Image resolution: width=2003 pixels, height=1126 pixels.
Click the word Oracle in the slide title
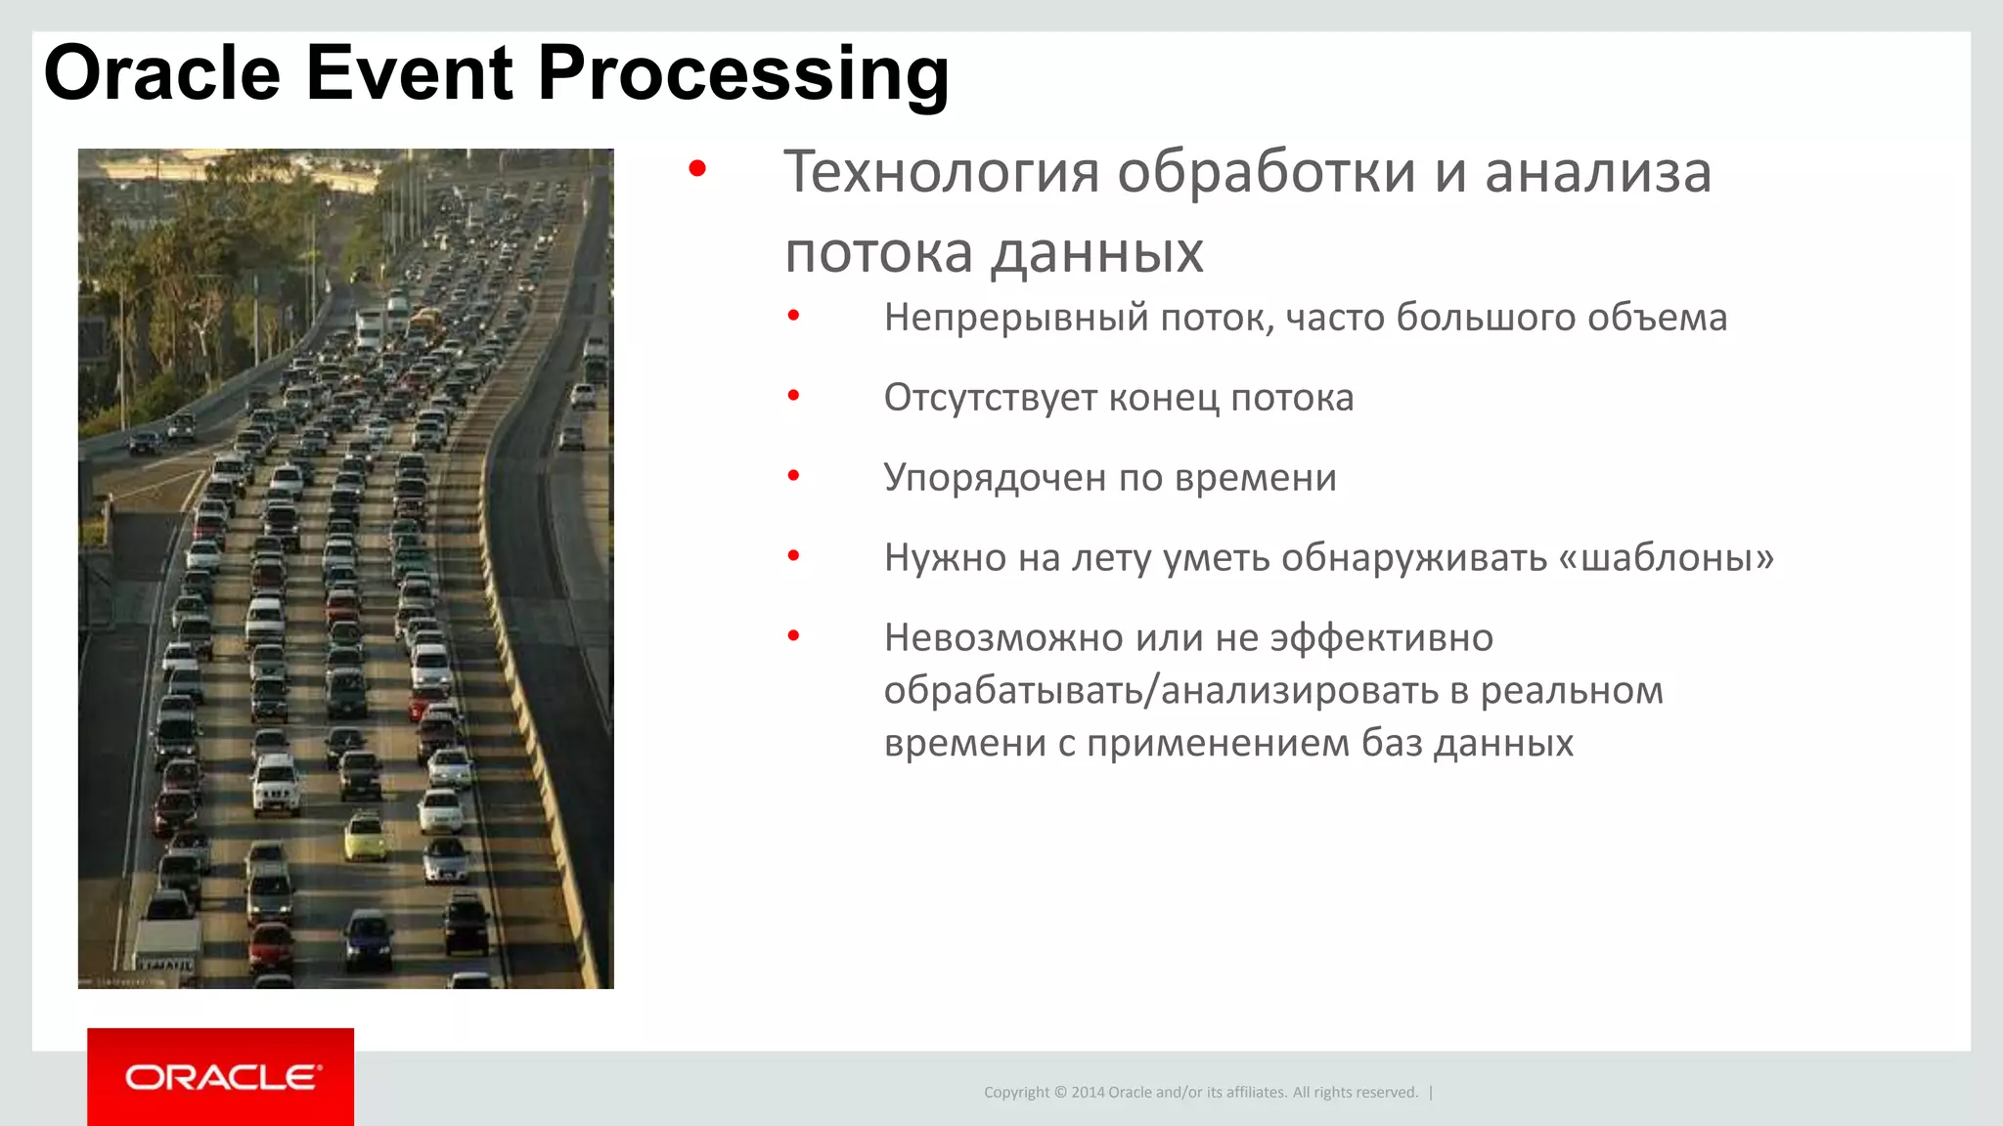pos(162,73)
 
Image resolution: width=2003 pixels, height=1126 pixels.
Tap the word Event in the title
pos(409,73)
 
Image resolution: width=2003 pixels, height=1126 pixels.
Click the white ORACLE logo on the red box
pos(221,1077)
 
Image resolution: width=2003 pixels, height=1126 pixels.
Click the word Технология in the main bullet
pos(942,172)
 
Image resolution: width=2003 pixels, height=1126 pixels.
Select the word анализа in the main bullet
pos(1598,172)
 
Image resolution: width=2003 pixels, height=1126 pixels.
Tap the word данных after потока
pos(1096,254)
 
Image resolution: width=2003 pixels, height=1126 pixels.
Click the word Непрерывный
pos(1015,319)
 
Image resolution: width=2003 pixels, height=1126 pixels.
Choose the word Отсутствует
pos(990,398)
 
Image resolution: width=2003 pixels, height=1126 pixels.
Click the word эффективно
pos(1381,638)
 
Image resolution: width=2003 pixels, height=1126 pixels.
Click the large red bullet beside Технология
pos(697,169)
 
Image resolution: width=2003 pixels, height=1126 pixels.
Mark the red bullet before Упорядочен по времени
pos(794,476)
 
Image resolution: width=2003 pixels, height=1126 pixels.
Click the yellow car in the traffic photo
pos(365,839)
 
